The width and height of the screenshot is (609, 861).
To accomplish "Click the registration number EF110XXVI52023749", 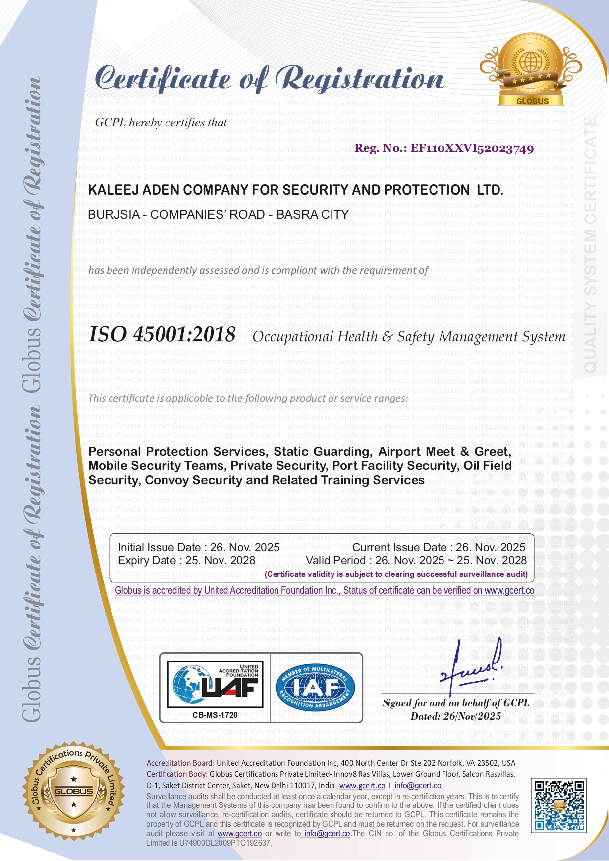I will pos(472,148).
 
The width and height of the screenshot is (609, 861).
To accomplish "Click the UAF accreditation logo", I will pos(215,684).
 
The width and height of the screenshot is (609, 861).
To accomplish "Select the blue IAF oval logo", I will pos(315,687).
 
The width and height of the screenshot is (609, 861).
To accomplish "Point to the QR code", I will pos(558,805).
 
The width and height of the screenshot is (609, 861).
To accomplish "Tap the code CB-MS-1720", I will pos(215,715).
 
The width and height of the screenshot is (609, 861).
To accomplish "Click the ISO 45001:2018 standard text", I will pos(162,334).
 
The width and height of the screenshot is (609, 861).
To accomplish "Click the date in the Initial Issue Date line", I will pos(245,547).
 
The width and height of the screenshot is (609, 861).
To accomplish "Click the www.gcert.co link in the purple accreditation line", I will pos(509,590).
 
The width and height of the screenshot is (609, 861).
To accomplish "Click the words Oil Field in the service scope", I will pos(488,466).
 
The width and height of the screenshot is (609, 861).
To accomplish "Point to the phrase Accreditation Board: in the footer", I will pos(180,763).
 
